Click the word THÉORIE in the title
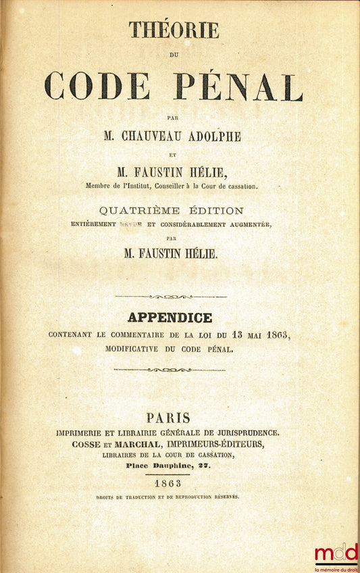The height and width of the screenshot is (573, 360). coord(174,30)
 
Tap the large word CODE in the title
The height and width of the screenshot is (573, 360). coord(97,86)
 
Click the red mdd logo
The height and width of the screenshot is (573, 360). coord(336,552)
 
